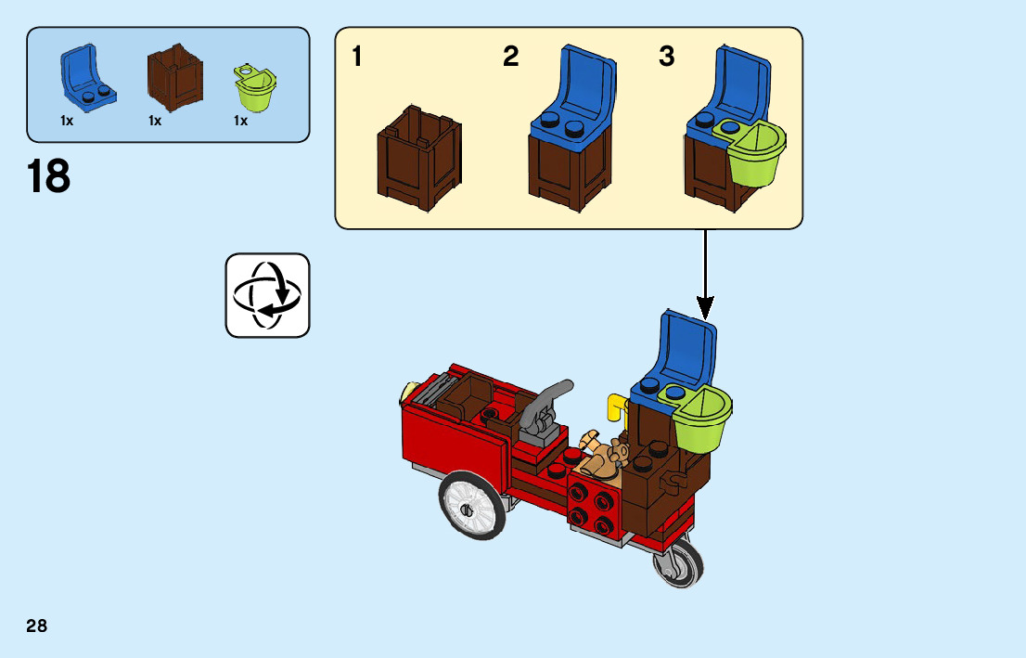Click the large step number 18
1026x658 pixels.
49,176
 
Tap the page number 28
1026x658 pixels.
37,626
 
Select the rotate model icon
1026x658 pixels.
267,295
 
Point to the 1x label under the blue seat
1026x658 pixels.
67,121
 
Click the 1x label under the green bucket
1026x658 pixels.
240,121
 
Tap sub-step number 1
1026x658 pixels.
357,58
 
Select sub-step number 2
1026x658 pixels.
510,58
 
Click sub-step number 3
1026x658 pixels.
666,58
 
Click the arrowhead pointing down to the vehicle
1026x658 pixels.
705,305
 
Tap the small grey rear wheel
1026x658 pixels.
679,562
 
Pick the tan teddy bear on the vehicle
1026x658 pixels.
607,455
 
